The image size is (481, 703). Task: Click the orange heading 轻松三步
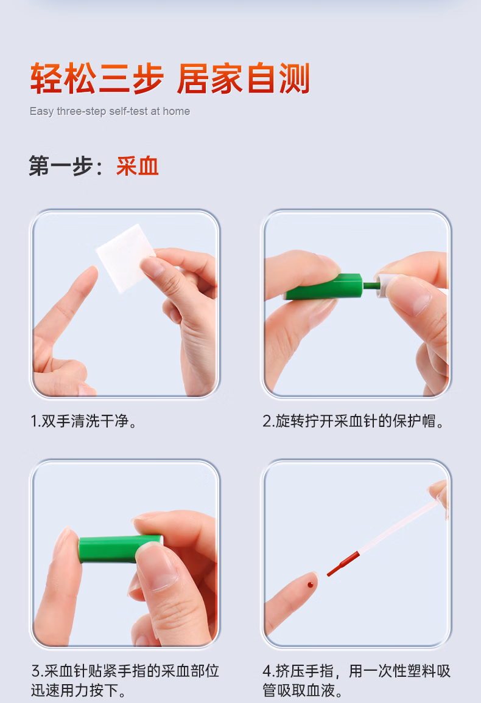click(x=97, y=79)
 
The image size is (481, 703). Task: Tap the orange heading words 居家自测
click(x=244, y=79)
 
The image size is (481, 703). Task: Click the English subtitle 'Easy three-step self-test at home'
click(x=110, y=111)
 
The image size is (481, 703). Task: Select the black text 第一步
click(x=61, y=166)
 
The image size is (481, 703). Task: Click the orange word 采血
click(x=138, y=166)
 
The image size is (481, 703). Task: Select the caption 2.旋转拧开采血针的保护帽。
click(x=354, y=421)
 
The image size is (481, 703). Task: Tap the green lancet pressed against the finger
click(x=119, y=547)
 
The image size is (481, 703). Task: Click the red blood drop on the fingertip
click(x=311, y=584)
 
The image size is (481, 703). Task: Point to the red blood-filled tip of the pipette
click(x=343, y=564)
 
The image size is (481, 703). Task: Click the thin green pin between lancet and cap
click(x=368, y=284)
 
